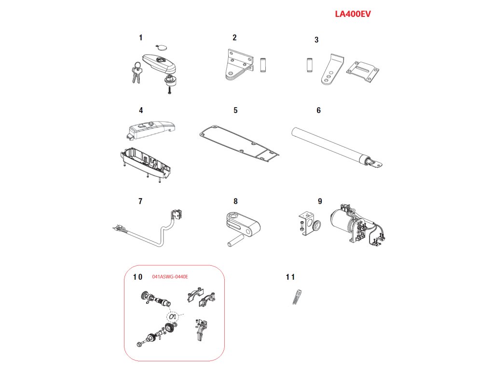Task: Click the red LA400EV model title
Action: [x=353, y=14]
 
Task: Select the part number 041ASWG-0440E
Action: [x=170, y=277]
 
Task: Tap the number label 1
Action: [x=140, y=37]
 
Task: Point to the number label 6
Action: [x=318, y=110]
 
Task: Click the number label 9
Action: [x=320, y=201]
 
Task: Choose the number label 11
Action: [x=290, y=277]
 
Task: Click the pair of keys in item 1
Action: [x=136, y=73]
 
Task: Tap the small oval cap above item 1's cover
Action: [x=161, y=47]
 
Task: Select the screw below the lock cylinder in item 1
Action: [x=170, y=90]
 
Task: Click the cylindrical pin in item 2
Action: [x=263, y=65]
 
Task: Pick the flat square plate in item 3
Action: [x=368, y=71]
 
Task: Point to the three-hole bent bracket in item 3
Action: [x=331, y=71]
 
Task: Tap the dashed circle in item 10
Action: [x=171, y=317]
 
